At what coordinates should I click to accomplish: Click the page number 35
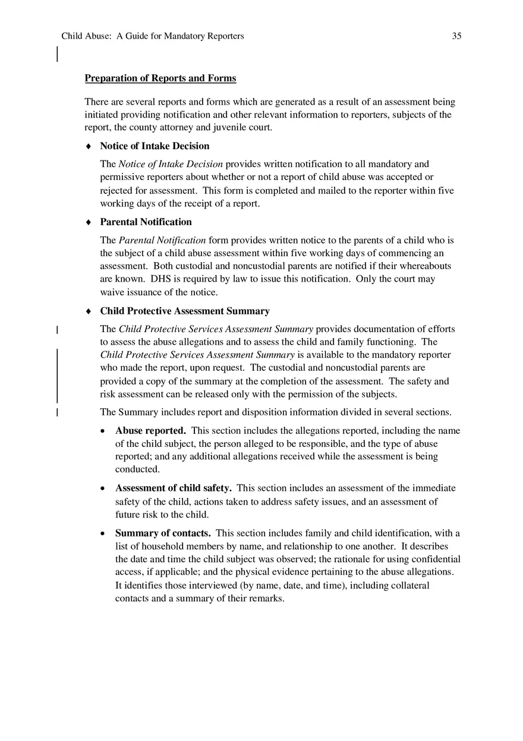pos(456,36)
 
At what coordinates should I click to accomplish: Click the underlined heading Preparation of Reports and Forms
pos(160,78)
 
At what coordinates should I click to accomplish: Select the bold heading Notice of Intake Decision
pos(155,146)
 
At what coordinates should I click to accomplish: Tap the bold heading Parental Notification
pos(146,222)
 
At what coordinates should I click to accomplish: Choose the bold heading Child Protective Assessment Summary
pos(184,311)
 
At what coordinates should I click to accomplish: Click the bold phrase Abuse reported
pos(150,431)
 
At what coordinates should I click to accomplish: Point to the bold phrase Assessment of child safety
pos(173,488)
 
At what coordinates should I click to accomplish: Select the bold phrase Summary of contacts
pos(163,534)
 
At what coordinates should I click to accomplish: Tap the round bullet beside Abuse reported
pos(104,431)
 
